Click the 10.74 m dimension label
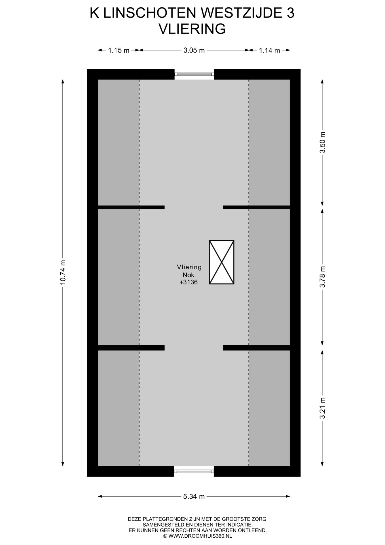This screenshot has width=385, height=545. [x=63, y=272]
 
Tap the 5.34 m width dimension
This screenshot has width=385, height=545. [x=194, y=496]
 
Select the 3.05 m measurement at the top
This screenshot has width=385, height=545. [x=194, y=50]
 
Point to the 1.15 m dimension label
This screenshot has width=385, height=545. [x=119, y=50]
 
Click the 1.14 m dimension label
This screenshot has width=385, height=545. [x=269, y=50]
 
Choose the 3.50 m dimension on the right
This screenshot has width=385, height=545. [x=322, y=142]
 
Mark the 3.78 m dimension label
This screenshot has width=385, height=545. [x=322, y=277]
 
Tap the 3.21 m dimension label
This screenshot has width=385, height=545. [x=322, y=408]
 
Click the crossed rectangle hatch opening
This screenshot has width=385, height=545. [x=222, y=262]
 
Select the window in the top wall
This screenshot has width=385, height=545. [x=194, y=74]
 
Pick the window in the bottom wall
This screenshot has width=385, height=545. [x=194, y=471]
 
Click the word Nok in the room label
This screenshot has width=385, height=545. [x=189, y=275]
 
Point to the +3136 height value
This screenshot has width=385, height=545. [x=189, y=282]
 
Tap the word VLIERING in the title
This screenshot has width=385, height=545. [x=192, y=29]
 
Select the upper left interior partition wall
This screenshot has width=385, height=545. [x=131, y=207]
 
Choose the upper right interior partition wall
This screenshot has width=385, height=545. [x=256, y=207]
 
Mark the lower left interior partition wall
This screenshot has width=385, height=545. [x=131, y=348]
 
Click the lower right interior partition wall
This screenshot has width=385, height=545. [x=256, y=348]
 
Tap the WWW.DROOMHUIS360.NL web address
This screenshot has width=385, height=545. [x=200, y=536]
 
